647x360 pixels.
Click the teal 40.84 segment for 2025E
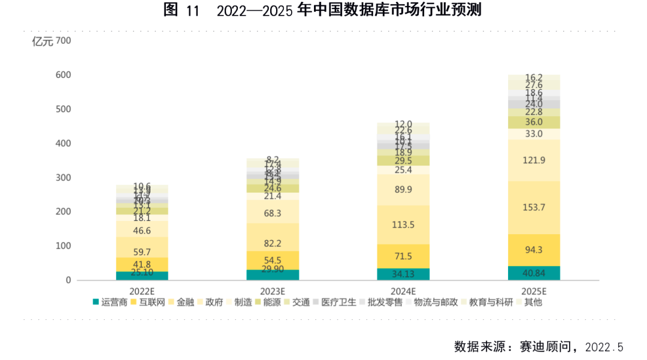(533, 273)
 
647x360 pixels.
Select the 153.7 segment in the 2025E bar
(533, 207)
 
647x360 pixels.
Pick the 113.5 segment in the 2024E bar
(403, 225)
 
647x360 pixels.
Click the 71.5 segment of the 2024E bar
(403, 256)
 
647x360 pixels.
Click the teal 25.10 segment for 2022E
(142, 276)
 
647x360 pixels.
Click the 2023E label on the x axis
(273, 291)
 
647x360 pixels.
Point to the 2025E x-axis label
(533, 291)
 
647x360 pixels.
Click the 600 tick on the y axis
(64, 75)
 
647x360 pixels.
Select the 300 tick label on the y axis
(64, 178)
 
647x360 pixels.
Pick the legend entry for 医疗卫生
(338, 302)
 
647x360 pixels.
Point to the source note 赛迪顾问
(539, 347)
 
